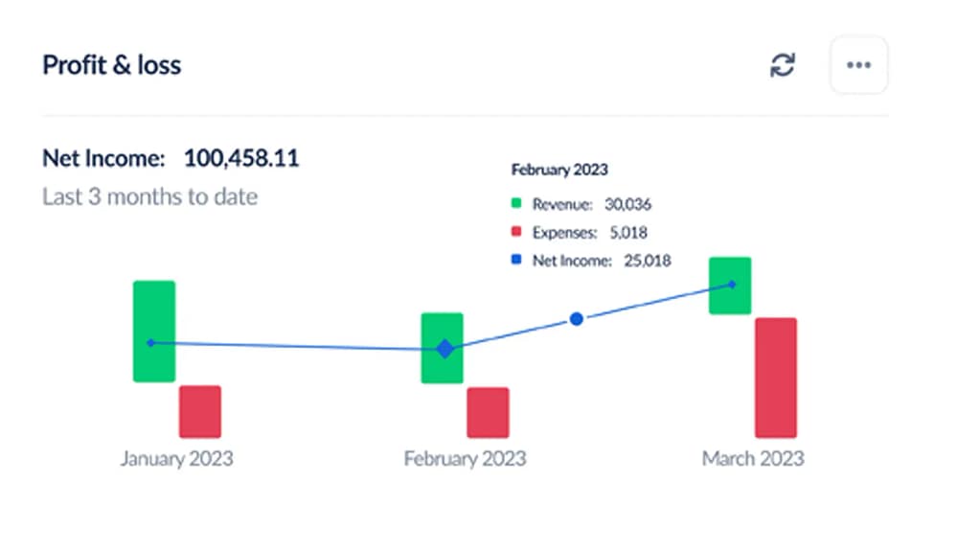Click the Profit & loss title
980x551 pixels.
click(112, 66)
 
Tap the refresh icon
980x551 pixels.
click(783, 65)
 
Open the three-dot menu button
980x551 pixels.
click(858, 65)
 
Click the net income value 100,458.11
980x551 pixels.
click(241, 158)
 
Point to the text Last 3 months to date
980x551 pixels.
click(149, 197)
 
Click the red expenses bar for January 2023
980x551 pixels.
click(200, 412)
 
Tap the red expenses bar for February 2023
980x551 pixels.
click(488, 413)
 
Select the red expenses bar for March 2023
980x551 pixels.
click(776, 378)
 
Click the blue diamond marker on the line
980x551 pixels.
click(444, 349)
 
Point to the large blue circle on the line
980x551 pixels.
click(577, 319)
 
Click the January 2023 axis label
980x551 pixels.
click(176, 459)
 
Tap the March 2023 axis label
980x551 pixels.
click(753, 459)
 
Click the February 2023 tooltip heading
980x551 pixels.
click(559, 171)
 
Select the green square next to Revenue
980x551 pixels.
click(516, 204)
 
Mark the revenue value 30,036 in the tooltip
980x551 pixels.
click(628, 204)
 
